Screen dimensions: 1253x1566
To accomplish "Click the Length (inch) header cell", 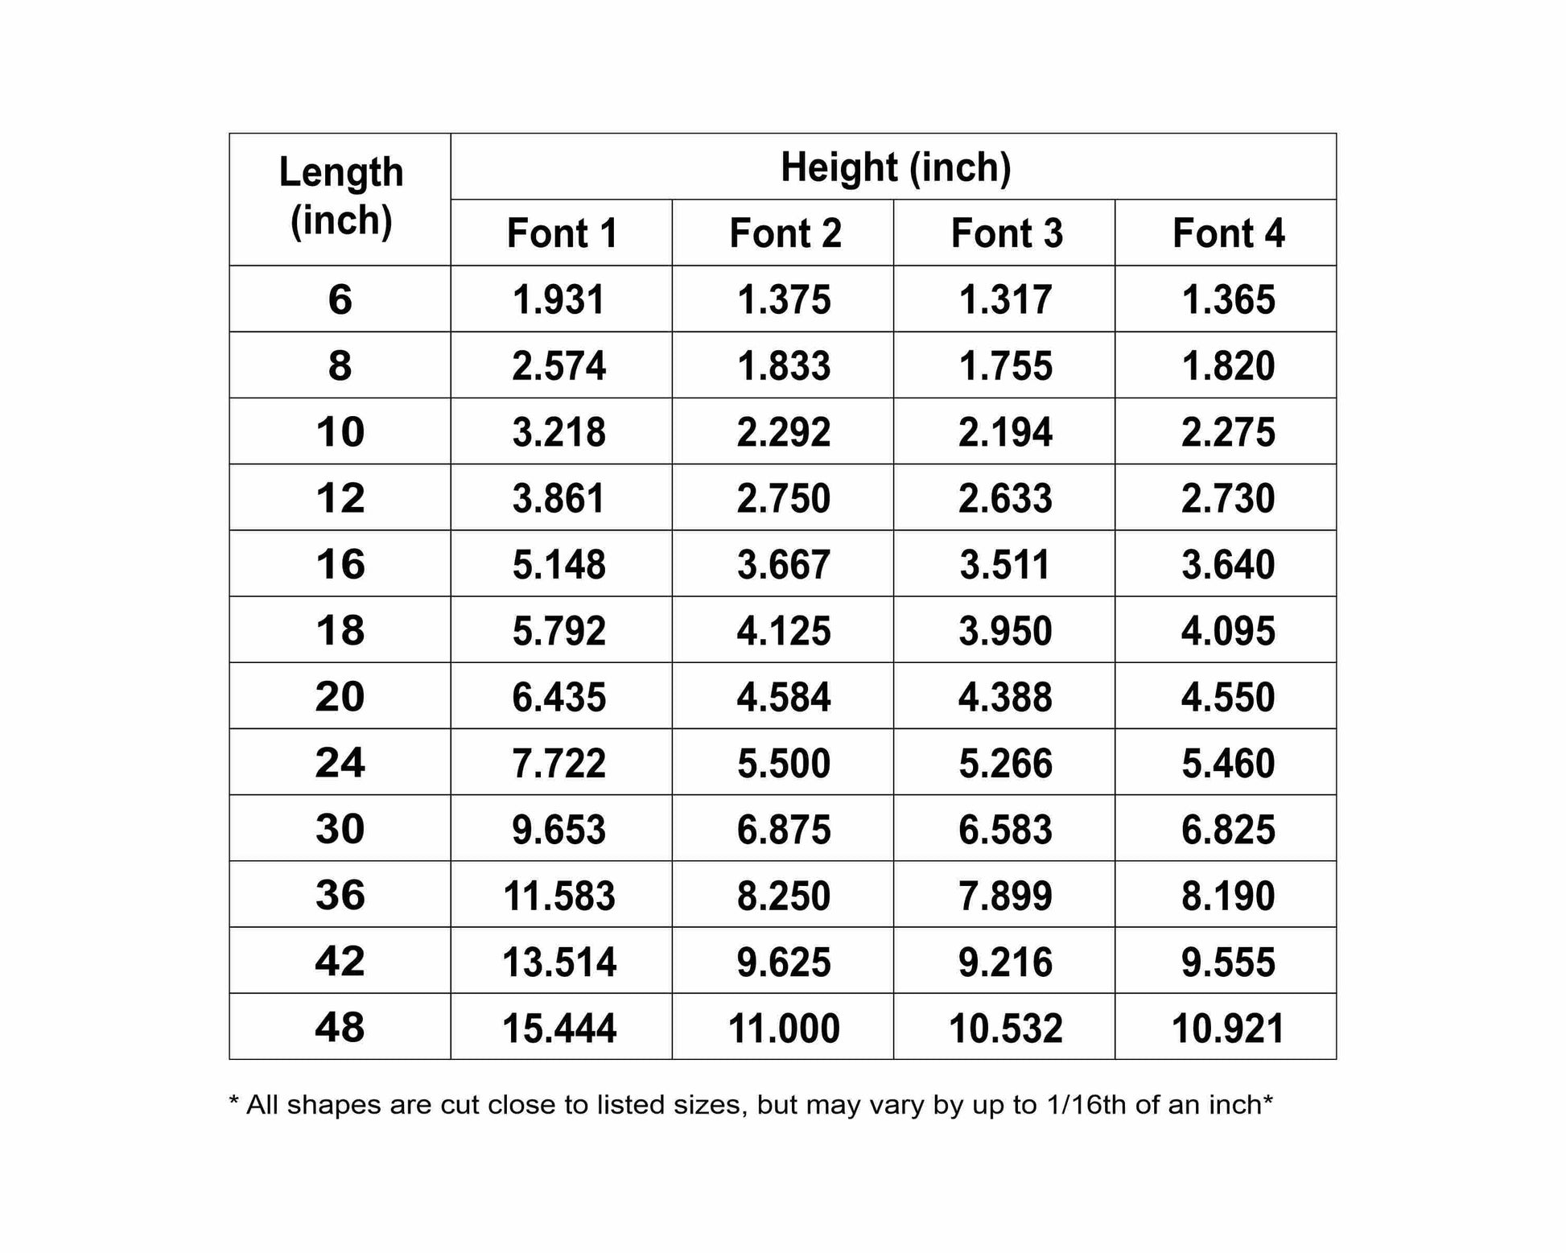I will click(340, 197).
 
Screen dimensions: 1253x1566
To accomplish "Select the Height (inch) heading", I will click(895, 167).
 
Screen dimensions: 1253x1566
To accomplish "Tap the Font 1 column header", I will click(562, 233).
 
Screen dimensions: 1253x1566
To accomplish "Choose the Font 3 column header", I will click(1006, 233).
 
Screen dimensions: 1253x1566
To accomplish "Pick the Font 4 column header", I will click(1228, 233).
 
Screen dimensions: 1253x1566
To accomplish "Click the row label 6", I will click(340, 299).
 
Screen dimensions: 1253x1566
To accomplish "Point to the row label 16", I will click(340, 564).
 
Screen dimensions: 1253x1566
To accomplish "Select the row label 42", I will click(340, 961).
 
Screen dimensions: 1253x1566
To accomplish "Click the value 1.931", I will click(558, 300).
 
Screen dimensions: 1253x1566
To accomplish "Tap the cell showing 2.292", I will click(783, 432).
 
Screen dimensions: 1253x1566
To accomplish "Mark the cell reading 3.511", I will click(1005, 564).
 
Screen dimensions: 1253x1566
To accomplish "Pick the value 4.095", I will click(1228, 631).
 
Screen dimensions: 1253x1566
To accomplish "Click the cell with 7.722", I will click(558, 763).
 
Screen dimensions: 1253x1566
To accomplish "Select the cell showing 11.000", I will click(783, 1028).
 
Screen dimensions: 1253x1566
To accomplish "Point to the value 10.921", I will click(1228, 1028).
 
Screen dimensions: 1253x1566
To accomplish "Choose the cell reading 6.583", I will click(1005, 830).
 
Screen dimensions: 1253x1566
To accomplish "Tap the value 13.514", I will click(558, 962).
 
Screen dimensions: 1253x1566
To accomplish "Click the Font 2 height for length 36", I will click(783, 896).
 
